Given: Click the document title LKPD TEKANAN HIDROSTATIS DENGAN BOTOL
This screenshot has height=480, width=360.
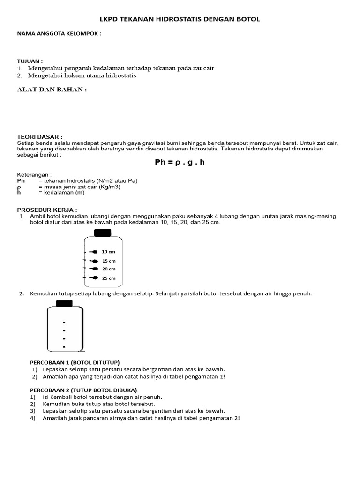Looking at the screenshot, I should [180, 19].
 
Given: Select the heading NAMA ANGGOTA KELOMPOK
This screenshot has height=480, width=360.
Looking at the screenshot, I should [59, 34].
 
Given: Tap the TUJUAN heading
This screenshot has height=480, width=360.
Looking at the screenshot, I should [30, 61].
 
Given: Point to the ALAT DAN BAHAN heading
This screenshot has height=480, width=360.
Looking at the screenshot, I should [52, 90].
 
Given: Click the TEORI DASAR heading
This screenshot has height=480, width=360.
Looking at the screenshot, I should [40, 136].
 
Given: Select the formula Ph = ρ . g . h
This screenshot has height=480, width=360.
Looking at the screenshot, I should [180, 163].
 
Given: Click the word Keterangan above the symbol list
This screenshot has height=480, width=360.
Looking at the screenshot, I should [34, 175].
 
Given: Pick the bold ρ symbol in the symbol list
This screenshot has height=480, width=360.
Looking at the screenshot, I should [19, 187].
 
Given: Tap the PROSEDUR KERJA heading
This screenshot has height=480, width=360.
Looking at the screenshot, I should [47, 210].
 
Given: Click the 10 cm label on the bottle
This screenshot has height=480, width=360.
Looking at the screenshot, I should [109, 252].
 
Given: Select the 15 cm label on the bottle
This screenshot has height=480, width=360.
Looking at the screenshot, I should [109, 261].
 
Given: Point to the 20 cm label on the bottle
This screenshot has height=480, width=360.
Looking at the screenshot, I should [109, 269].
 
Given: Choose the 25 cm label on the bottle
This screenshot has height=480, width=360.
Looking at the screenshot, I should [109, 278].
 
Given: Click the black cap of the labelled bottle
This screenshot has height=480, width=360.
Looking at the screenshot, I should [103, 232].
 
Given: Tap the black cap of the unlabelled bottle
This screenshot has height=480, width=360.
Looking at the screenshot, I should [65, 303].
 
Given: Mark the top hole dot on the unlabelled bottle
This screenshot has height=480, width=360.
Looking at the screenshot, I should [63, 323].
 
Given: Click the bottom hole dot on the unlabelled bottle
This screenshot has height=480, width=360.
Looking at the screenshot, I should [63, 347].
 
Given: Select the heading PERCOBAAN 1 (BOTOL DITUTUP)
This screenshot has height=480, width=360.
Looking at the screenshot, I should [75, 362].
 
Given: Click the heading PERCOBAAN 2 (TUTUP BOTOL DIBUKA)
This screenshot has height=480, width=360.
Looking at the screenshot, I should [83, 390].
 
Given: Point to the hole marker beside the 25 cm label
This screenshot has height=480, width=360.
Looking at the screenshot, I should [94, 278].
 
